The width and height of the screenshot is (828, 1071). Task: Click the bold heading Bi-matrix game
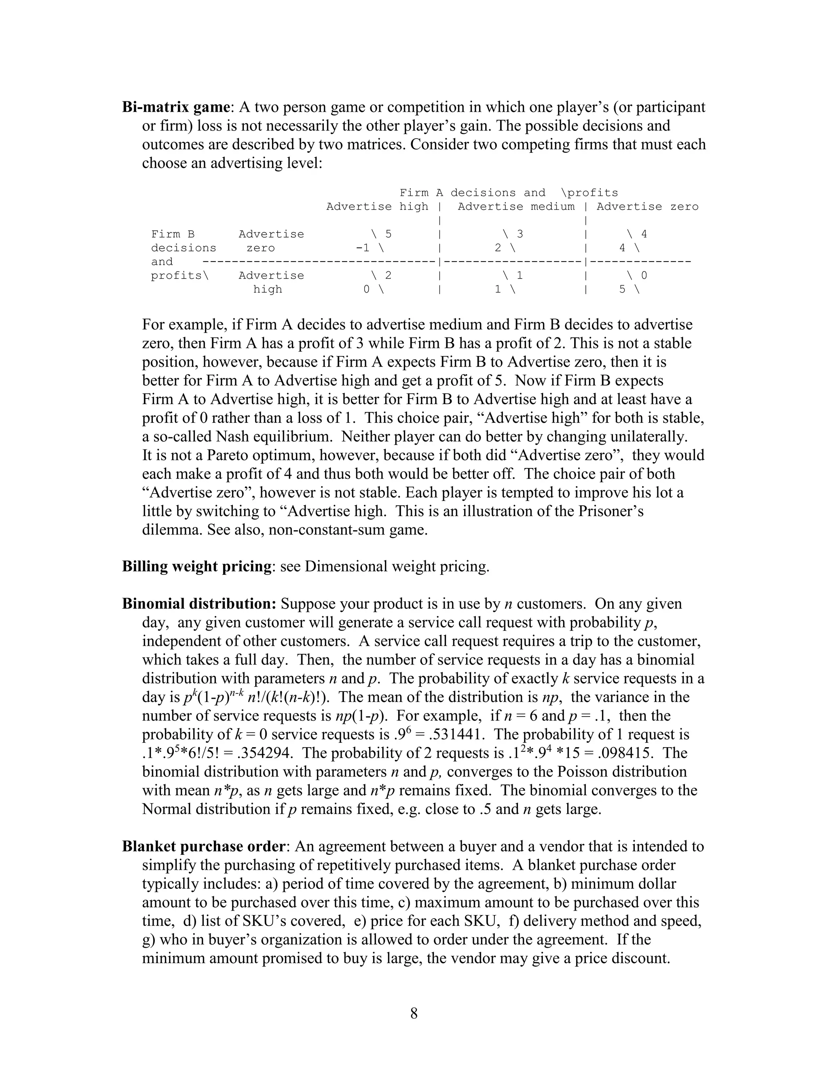pyautogui.click(x=175, y=107)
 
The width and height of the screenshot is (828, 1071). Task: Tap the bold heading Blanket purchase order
pyautogui.click(x=203, y=847)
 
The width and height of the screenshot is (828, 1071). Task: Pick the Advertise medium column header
pyautogui.click(x=516, y=207)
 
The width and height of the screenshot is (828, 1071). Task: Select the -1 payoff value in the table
pyautogui.click(x=363, y=248)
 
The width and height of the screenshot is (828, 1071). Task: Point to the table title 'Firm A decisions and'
pyautogui.click(x=472, y=193)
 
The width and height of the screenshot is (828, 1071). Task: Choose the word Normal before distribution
pyautogui.click(x=166, y=809)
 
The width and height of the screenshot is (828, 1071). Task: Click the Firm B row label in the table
pyautogui.click(x=173, y=234)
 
